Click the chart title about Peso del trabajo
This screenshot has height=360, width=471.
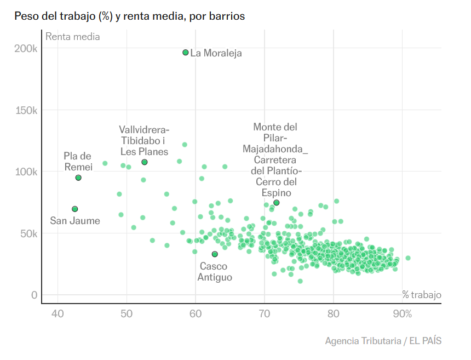point(129,16)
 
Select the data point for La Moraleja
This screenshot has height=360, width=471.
point(186,53)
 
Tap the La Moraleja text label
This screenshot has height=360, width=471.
point(216,53)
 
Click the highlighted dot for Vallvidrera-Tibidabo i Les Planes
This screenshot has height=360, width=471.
point(145,162)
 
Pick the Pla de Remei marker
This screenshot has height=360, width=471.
point(78,178)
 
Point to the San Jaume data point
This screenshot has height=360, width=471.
point(75,209)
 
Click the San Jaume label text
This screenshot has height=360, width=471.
point(75,221)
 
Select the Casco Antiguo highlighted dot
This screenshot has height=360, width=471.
point(215,254)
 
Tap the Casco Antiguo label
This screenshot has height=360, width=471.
point(215,272)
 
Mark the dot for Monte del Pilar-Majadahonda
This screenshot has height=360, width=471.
point(277,203)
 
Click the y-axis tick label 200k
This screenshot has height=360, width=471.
point(26,49)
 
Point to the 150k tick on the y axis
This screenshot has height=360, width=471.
point(26,110)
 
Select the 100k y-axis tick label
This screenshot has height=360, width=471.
point(26,172)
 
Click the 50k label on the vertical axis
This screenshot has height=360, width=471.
point(27,233)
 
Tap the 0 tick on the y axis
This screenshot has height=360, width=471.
point(34,295)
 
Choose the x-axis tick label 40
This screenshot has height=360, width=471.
point(58,314)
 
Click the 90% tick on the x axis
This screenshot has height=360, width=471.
point(403,314)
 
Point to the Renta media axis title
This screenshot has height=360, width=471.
point(73,37)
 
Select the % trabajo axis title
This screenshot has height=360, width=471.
point(421,295)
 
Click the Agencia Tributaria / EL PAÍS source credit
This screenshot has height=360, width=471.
point(383,341)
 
